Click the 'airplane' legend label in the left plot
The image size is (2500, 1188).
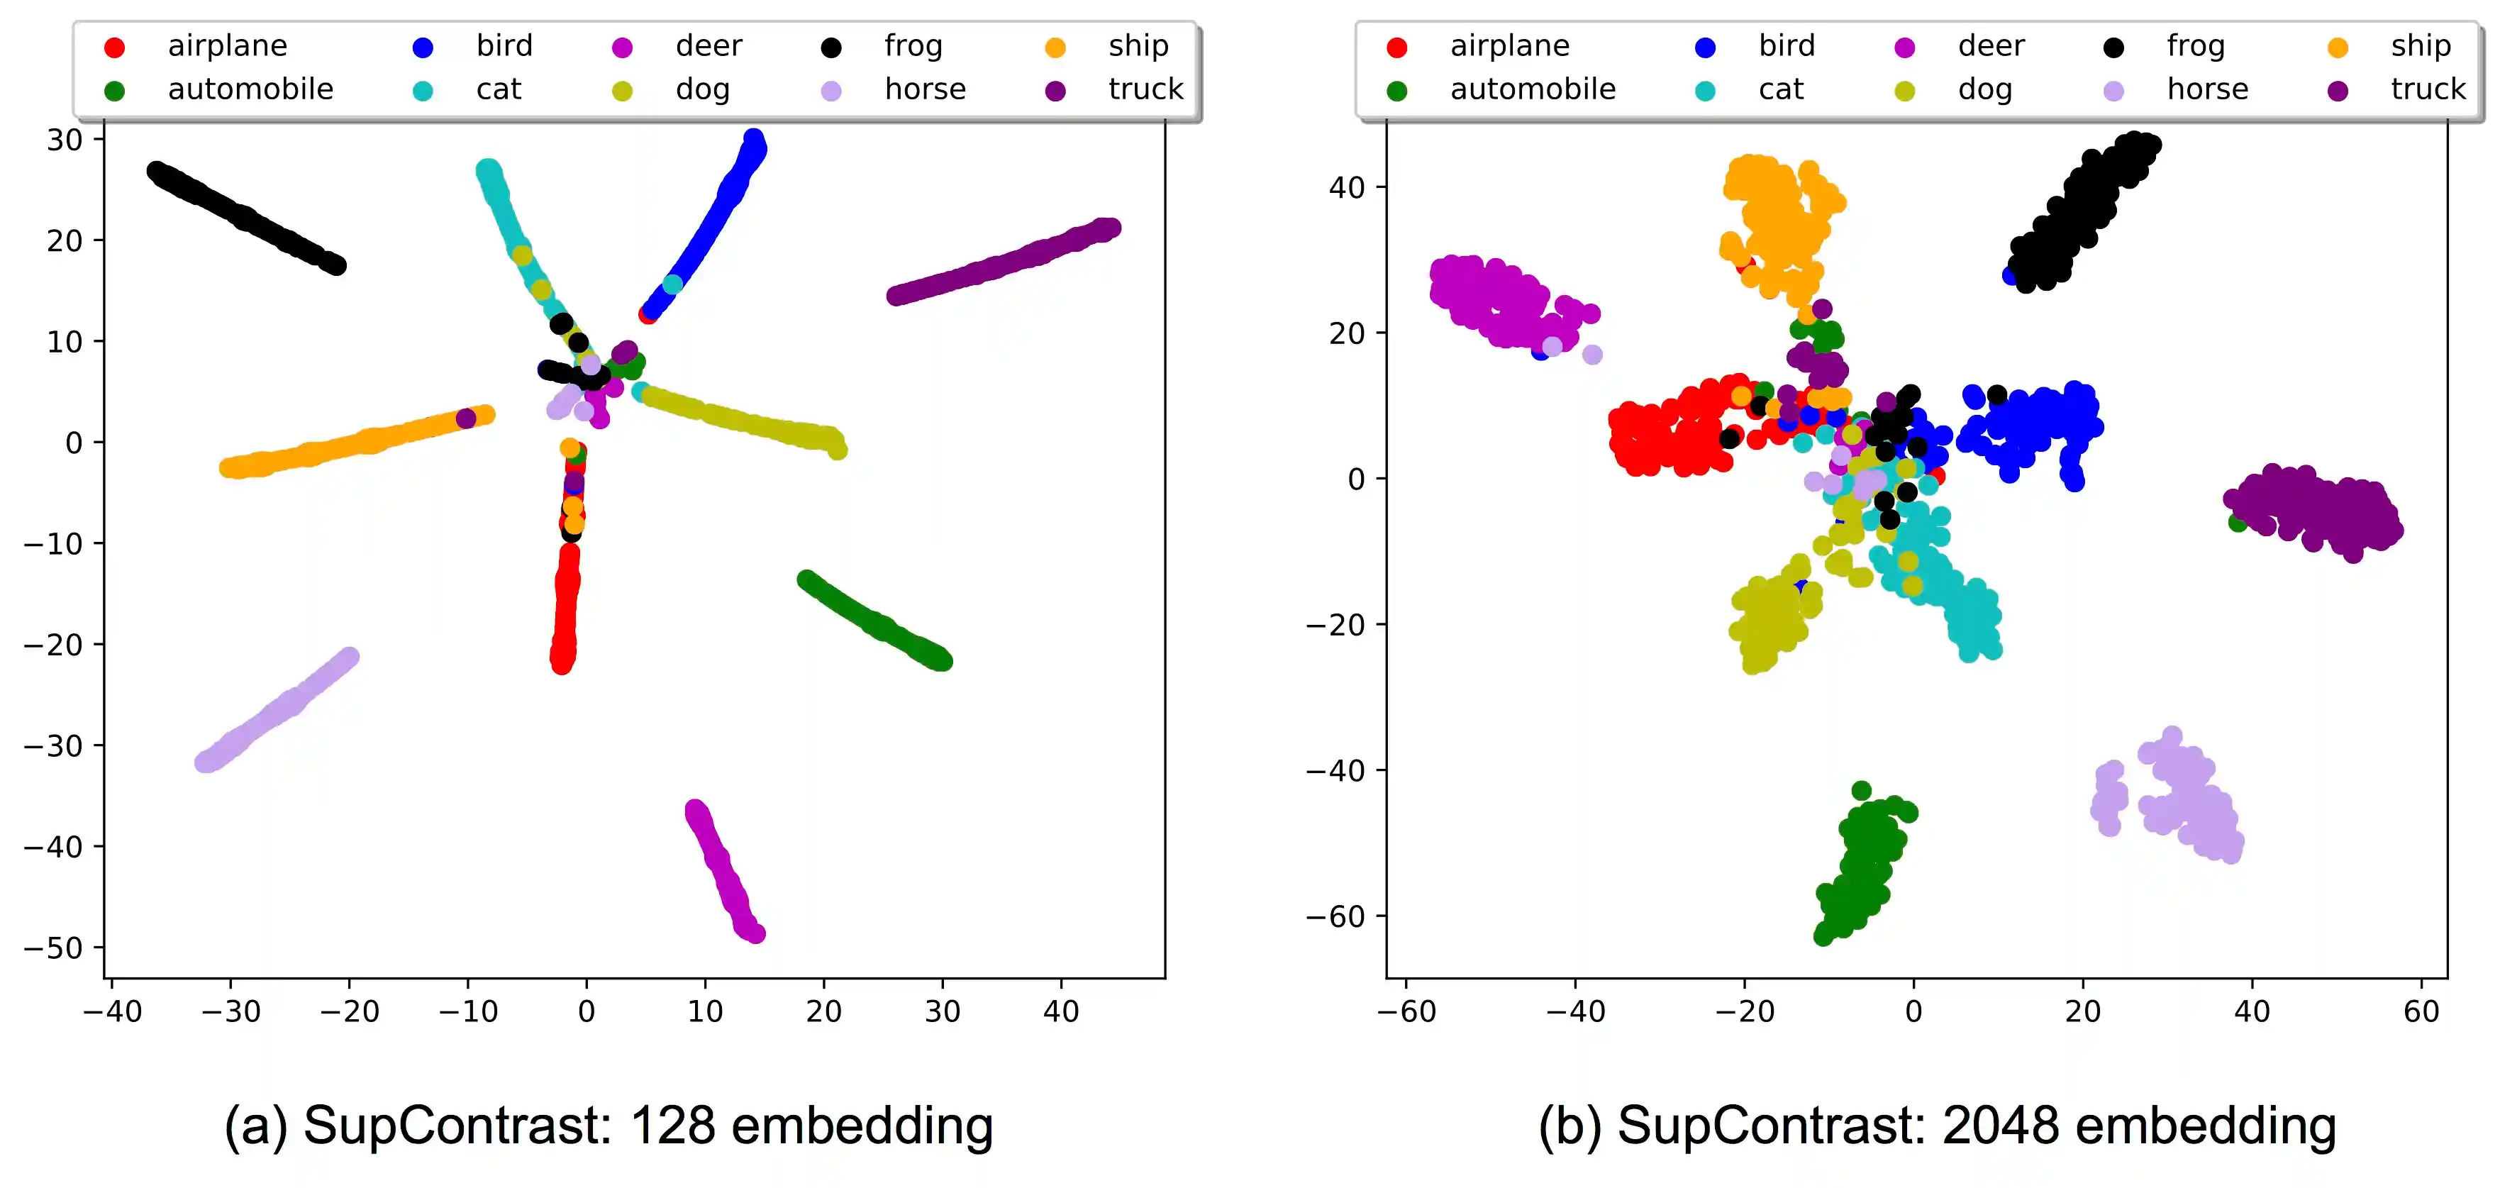(x=227, y=45)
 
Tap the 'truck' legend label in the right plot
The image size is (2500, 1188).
(x=2427, y=89)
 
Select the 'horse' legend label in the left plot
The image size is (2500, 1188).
(x=925, y=89)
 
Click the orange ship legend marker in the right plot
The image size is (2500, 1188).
(x=2338, y=48)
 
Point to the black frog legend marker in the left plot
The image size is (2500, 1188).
(x=830, y=48)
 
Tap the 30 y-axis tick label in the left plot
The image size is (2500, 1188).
(x=65, y=140)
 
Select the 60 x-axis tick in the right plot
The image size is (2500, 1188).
(x=2421, y=1011)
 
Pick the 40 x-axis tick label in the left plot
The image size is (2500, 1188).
(x=1061, y=1011)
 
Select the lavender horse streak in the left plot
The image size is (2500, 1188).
(x=277, y=709)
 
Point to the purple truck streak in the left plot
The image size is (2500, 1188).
(x=1004, y=261)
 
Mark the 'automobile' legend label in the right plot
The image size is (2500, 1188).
(x=1533, y=89)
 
